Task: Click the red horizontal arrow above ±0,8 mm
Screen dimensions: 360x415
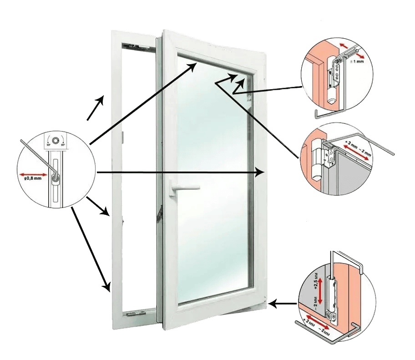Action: [x=34, y=174]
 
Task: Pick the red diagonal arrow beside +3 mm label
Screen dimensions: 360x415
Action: [x=360, y=153]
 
